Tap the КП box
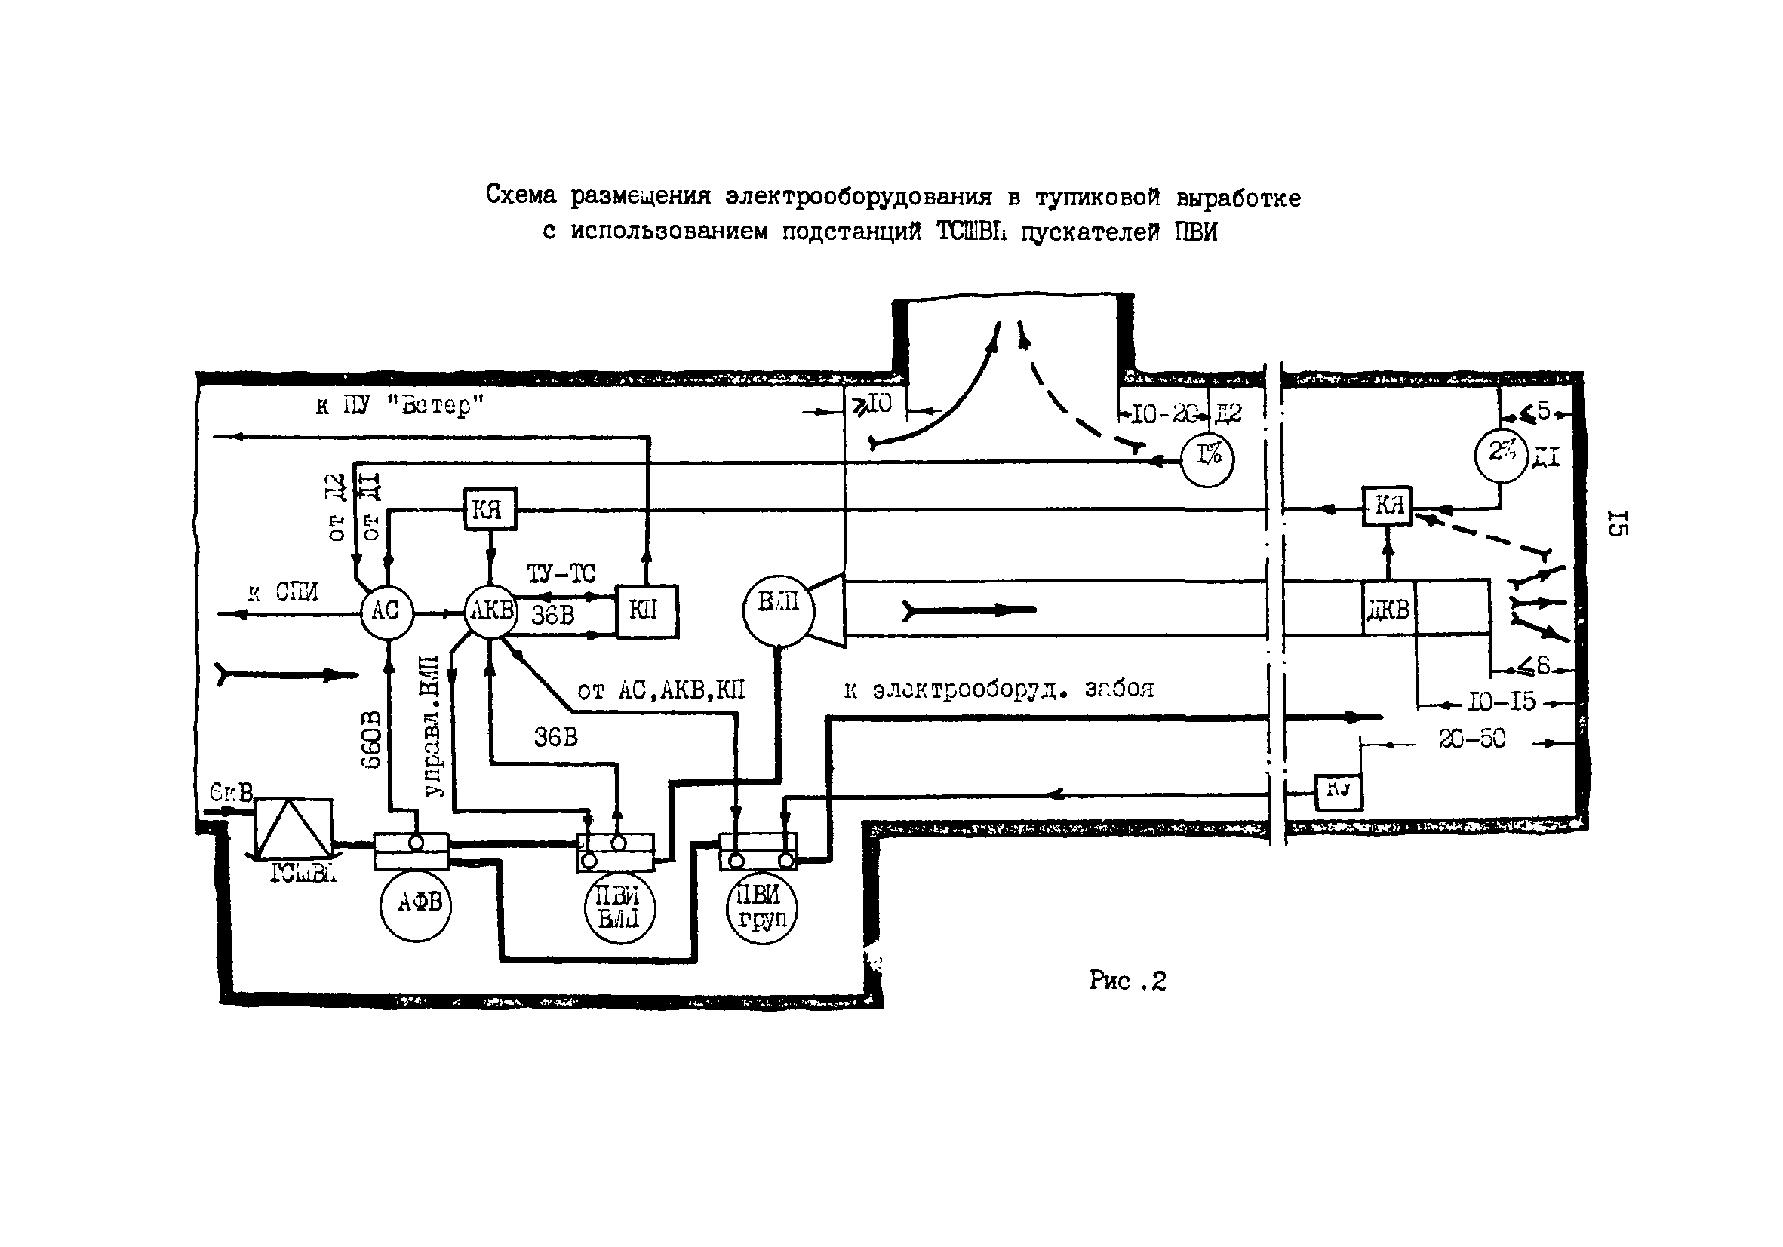pyautogui.click(x=646, y=612)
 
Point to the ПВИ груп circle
pyautogui.click(x=762, y=908)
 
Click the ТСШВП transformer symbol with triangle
pyautogui.click(x=294, y=828)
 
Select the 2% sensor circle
pyautogui.click(x=1501, y=455)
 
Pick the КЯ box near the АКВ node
pyautogui.click(x=490, y=509)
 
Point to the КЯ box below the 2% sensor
pyautogui.click(x=1387, y=506)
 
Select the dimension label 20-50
pyautogui.click(x=1471, y=740)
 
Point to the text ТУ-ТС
pyautogui.click(x=561, y=574)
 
